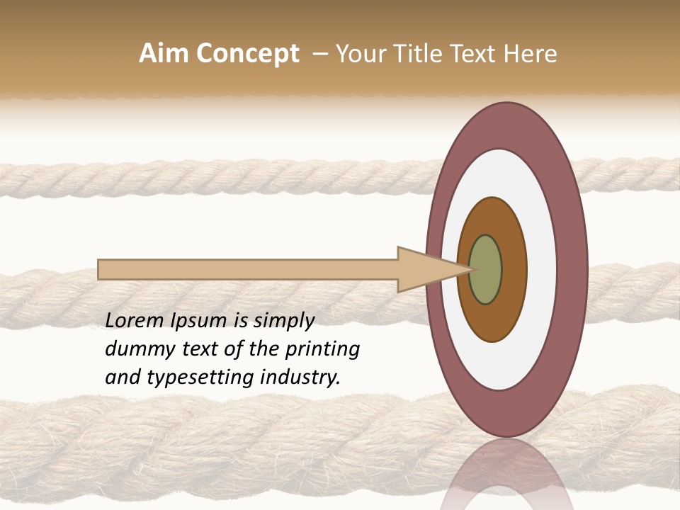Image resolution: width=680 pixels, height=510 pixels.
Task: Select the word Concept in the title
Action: point(246,54)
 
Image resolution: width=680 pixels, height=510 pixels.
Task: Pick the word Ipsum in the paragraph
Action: point(200,322)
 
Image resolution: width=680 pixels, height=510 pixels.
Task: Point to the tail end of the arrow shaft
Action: point(103,270)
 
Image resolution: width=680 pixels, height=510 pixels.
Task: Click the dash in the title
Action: point(319,55)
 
